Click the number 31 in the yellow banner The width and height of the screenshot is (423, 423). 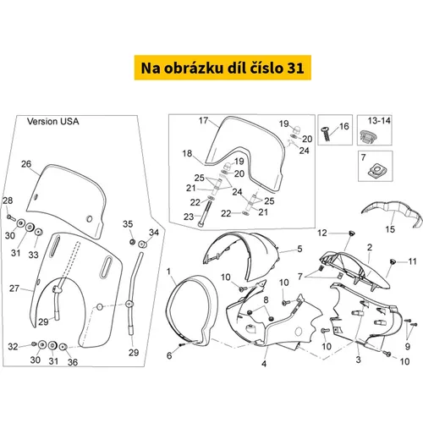(295, 68)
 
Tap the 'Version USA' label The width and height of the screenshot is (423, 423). (52, 121)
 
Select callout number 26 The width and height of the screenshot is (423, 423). (26, 164)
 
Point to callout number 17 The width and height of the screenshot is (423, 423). (203, 120)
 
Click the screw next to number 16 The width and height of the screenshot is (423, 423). (325, 134)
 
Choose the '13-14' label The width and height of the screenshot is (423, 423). (379, 121)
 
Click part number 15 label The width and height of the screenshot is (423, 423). (390, 229)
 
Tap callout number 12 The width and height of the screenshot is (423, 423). (322, 233)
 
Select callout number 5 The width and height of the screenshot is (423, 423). (299, 249)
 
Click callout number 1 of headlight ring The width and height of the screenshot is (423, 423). (168, 272)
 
